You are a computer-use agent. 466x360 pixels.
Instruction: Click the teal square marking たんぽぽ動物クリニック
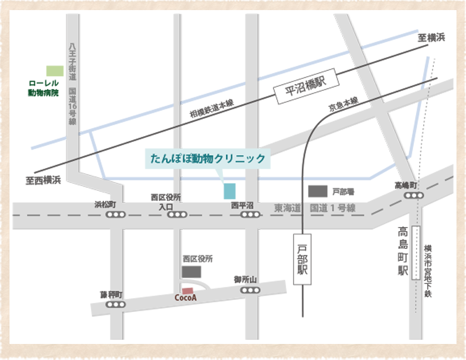(x=229, y=191)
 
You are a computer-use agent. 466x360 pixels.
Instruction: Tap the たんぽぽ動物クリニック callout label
(x=208, y=159)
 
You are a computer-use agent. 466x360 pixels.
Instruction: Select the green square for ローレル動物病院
(x=55, y=71)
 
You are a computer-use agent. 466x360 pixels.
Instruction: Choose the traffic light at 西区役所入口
(x=177, y=215)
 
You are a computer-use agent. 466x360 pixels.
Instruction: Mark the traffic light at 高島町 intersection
(x=413, y=195)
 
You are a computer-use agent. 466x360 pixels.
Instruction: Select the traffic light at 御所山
(x=251, y=290)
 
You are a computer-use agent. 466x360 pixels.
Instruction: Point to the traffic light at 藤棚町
(x=115, y=304)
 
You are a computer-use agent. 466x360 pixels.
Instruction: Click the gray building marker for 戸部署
(x=317, y=191)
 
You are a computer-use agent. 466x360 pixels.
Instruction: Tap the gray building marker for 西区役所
(x=191, y=272)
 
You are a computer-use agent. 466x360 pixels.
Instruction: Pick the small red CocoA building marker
(x=187, y=290)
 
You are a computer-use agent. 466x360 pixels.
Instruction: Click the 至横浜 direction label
(x=431, y=38)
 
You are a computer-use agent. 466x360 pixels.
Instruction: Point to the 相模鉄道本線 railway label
(x=212, y=111)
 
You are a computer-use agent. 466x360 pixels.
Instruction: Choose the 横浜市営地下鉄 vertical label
(x=428, y=271)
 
